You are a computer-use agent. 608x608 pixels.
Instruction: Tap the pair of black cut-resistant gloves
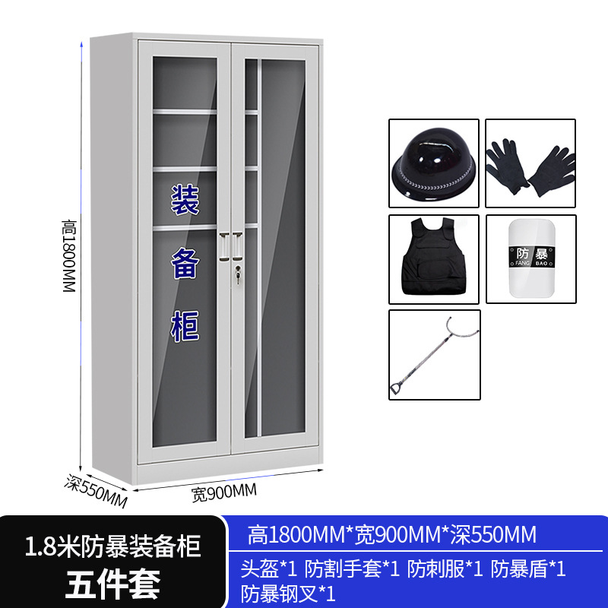[x=530, y=163]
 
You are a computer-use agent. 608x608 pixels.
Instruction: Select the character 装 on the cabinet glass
[x=184, y=201]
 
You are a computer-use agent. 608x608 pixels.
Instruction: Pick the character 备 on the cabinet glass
[x=184, y=264]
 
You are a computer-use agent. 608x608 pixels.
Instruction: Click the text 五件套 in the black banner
[x=113, y=584]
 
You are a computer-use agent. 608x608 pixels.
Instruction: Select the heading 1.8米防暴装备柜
[x=113, y=546]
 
